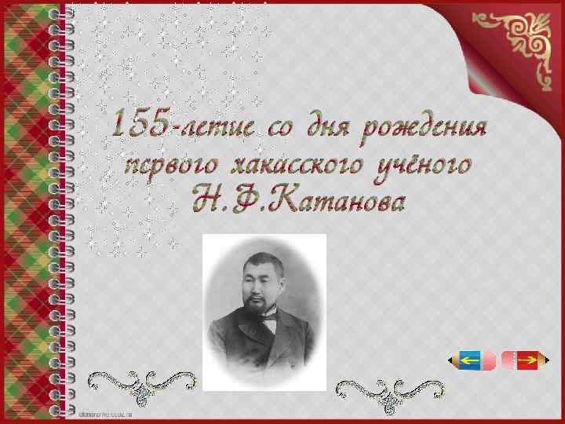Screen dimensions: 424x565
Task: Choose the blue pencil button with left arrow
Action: click(473, 360)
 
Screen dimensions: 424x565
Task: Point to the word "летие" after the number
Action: click(208, 126)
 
